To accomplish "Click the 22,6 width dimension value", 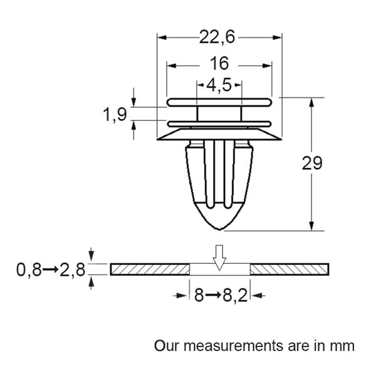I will (x=217, y=38).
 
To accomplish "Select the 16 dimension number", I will (x=220, y=63).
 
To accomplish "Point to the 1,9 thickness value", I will (x=115, y=114).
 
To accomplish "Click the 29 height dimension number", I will (x=311, y=164).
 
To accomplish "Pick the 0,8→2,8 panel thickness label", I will (x=50, y=270).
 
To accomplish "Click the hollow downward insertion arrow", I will (x=219, y=257).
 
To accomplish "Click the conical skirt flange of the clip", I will (x=219, y=134).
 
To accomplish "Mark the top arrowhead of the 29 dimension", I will (x=311, y=102).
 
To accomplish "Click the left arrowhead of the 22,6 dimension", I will (x=161, y=38).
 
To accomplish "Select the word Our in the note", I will (x=165, y=345).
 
